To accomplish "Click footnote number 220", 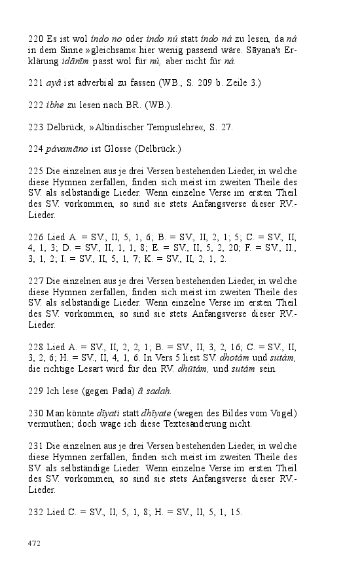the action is click(x=35, y=39).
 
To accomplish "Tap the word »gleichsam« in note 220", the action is click(x=102, y=50).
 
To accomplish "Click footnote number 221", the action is click(x=35, y=83).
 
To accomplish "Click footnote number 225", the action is click(x=35, y=170).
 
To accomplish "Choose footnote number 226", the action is click(x=35, y=226).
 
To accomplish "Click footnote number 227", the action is click(x=35, y=281).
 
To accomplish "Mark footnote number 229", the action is click(x=35, y=391).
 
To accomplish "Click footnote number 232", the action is click(x=35, y=513).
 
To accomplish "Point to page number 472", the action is click(x=35, y=543).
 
